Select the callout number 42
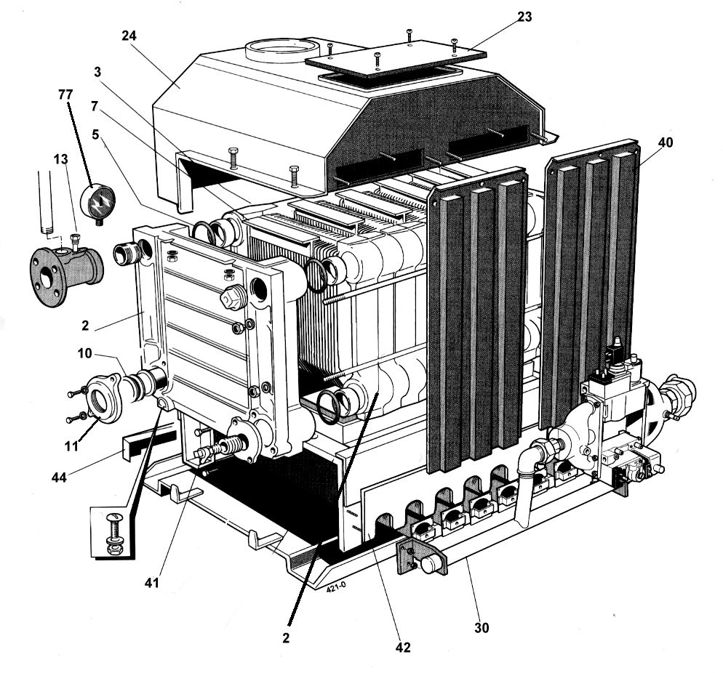point(403,646)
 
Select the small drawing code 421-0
point(335,590)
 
